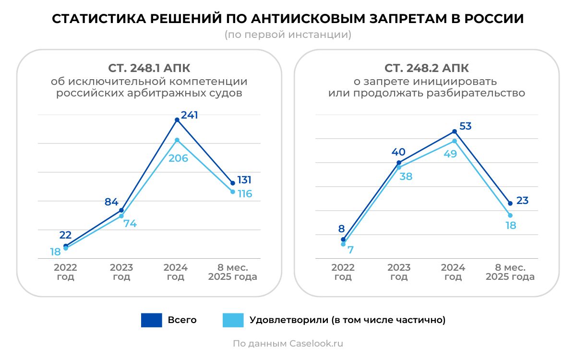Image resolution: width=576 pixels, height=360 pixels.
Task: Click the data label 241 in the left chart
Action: coord(189,115)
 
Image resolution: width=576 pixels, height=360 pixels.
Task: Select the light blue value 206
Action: coord(178,158)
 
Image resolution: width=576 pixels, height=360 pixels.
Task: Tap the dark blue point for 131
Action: coord(233,183)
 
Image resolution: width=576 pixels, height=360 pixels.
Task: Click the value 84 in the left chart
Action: coord(111,202)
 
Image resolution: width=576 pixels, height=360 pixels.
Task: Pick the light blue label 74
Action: coord(130,223)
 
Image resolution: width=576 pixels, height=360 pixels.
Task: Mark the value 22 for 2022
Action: coord(65,235)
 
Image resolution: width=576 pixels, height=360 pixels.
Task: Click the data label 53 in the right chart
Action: coord(465,126)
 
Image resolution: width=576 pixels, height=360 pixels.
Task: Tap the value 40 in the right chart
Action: coord(398,152)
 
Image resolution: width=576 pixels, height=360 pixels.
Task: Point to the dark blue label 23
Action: coord(522,201)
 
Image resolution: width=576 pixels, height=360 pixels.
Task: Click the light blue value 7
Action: coord(351,250)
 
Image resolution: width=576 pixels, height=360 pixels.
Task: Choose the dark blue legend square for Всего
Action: coord(151,320)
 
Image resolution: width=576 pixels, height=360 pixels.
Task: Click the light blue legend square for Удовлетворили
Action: coord(233,320)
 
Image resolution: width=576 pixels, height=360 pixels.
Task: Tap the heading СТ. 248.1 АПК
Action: coord(149,68)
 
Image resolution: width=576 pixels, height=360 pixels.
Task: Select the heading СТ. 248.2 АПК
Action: coord(427,68)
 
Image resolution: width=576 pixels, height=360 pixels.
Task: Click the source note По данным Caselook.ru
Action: coord(288,344)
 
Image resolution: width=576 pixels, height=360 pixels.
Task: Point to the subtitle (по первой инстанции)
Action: coord(288,35)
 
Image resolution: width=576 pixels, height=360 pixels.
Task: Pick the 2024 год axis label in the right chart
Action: coord(453,272)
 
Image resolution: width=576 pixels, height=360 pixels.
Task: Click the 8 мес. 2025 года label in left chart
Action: coord(233,272)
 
